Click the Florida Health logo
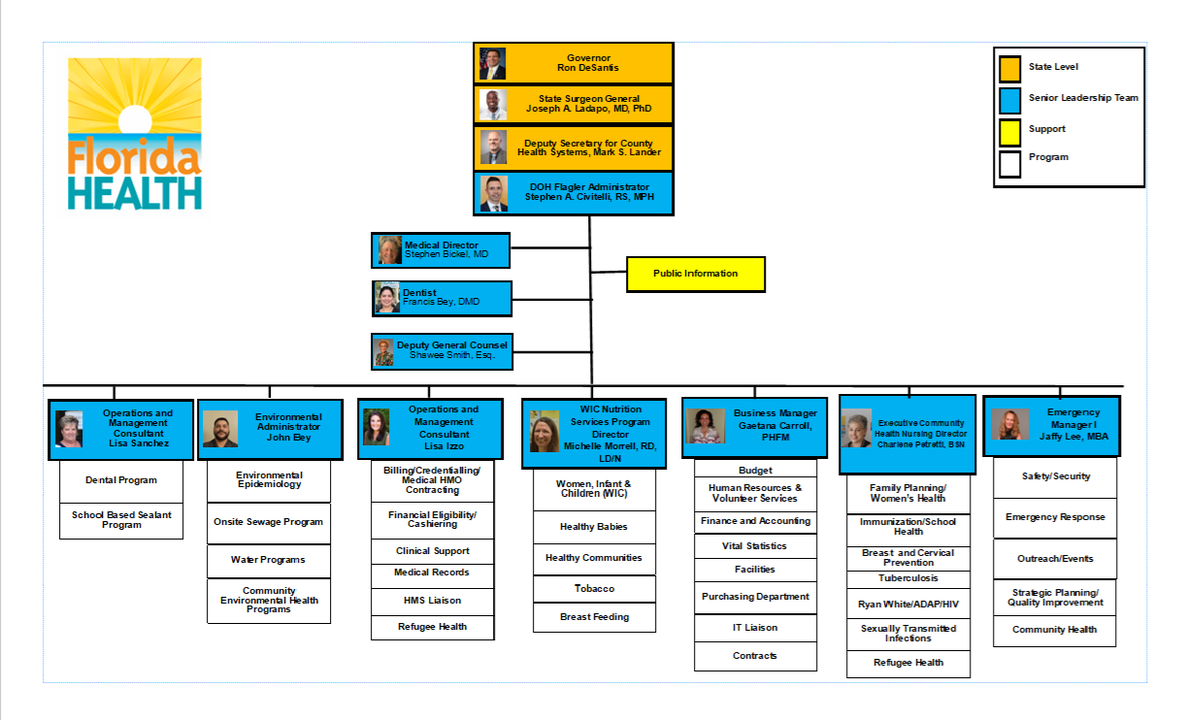click(x=135, y=134)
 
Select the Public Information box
click(x=695, y=274)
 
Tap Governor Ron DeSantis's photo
click(x=492, y=64)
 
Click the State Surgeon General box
click(x=574, y=105)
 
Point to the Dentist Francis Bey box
click(x=442, y=298)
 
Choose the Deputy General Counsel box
click(x=442, y=350)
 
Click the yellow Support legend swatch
click(x=1009, y=129)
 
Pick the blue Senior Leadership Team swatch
click(x=1009, y=99)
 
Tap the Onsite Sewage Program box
click(x=269, y=522)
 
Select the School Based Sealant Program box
click(x=121, y=520)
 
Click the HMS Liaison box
click(x=433, y=601)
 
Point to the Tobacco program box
click(x=594, y=589)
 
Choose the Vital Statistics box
click(x=754, y=546)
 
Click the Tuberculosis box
click(x=908, y=578)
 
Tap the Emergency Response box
click(x=1055, y=517)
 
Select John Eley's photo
click(x=220, y=429)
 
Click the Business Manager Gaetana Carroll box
click(x=754, y=427)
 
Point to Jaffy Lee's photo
click(x=1009, y=425)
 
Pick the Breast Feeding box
click(x=594, y=617)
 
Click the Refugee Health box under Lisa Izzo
click(x=433, y=627)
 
